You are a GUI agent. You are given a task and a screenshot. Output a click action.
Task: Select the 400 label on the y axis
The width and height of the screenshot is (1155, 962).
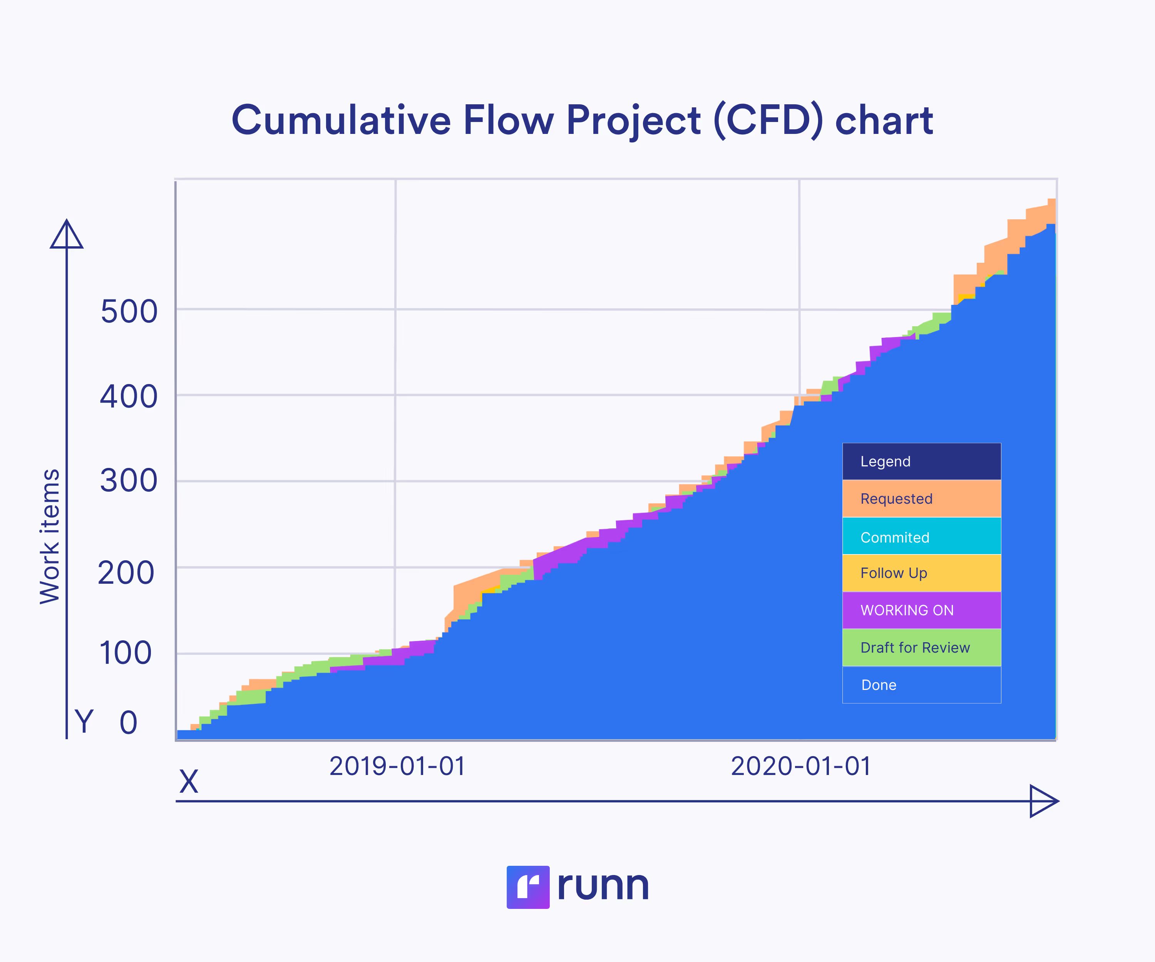click(x=129, y=396)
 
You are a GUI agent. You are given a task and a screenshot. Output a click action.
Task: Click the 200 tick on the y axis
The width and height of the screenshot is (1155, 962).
click(x=126, y=573)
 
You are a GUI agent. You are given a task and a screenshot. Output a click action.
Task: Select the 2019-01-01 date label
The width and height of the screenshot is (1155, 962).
click(x=397, y=766)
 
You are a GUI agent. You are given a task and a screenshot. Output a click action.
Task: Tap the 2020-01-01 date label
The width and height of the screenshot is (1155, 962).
click(x=801, y=766)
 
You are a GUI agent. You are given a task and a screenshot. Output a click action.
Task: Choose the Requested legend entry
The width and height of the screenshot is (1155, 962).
click(x=921, y=499)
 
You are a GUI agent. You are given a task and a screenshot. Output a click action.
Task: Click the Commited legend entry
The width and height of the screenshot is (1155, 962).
click(x=921, y=537)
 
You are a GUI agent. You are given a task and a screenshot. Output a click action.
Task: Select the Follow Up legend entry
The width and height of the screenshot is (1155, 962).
click(x=921, y=573)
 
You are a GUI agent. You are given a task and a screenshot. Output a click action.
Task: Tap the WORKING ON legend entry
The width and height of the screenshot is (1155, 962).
click(x=921, y=610)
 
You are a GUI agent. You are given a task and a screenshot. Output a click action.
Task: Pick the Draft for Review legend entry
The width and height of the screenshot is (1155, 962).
click(x=921, y=648)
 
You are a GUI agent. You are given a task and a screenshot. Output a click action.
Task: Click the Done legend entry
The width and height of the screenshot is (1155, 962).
click(x=921, y=685)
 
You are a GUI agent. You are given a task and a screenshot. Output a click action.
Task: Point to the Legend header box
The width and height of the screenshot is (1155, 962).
click(x=921, y=461)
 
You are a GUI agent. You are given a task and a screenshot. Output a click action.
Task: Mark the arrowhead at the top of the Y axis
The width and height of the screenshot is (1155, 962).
click(x=67, y=235)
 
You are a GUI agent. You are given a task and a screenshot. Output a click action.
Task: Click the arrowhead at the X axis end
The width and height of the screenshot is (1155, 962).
click(x=1043, y=801)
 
